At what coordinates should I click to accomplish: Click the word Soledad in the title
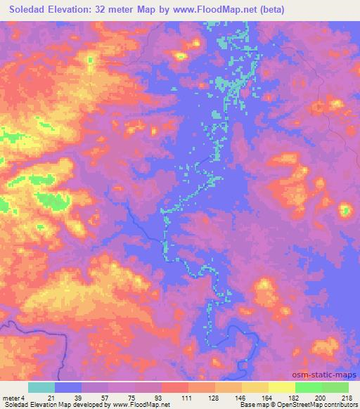[26, 11]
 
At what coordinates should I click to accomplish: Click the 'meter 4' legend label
[13, 397]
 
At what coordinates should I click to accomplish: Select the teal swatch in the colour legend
[41, 387]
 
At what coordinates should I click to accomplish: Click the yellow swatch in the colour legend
[282, 387]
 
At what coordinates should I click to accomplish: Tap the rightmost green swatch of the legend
[335, 387]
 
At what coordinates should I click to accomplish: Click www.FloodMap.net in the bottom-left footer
[136, 405]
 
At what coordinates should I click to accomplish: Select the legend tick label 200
[321, 397]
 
